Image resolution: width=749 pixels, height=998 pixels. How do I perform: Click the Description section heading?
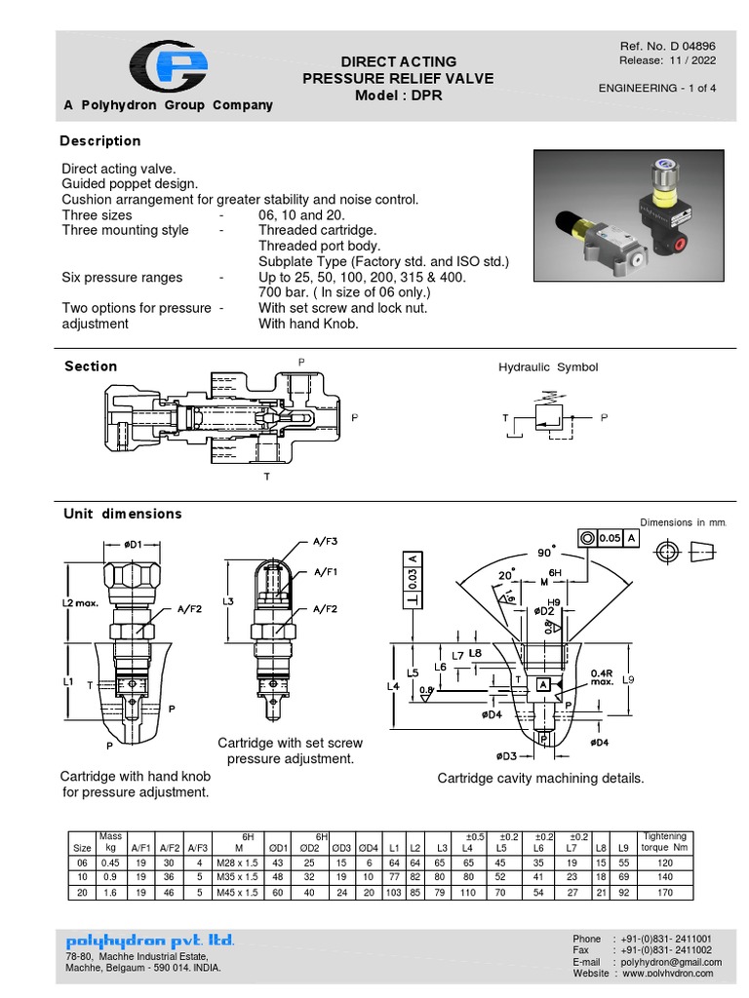[x=100, y=141]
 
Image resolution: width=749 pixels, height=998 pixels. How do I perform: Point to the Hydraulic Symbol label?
[x=548, y=367]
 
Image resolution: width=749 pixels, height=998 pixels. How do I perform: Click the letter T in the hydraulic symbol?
[x=505, y=417]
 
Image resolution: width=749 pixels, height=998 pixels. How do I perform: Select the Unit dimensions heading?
[x=123, y=514]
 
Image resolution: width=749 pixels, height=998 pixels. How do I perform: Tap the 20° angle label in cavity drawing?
[x=506, y=575]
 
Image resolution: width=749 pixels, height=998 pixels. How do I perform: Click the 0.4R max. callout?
[x=603, y=675]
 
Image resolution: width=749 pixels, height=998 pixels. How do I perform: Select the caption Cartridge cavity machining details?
[x=540, y=778]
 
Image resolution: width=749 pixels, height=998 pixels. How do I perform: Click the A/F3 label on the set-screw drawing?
[x=325, y=541]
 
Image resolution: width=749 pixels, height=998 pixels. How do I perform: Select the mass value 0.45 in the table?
[x=109, y=864]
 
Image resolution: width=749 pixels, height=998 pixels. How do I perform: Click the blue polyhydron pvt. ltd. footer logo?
[x=150, y=940]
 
